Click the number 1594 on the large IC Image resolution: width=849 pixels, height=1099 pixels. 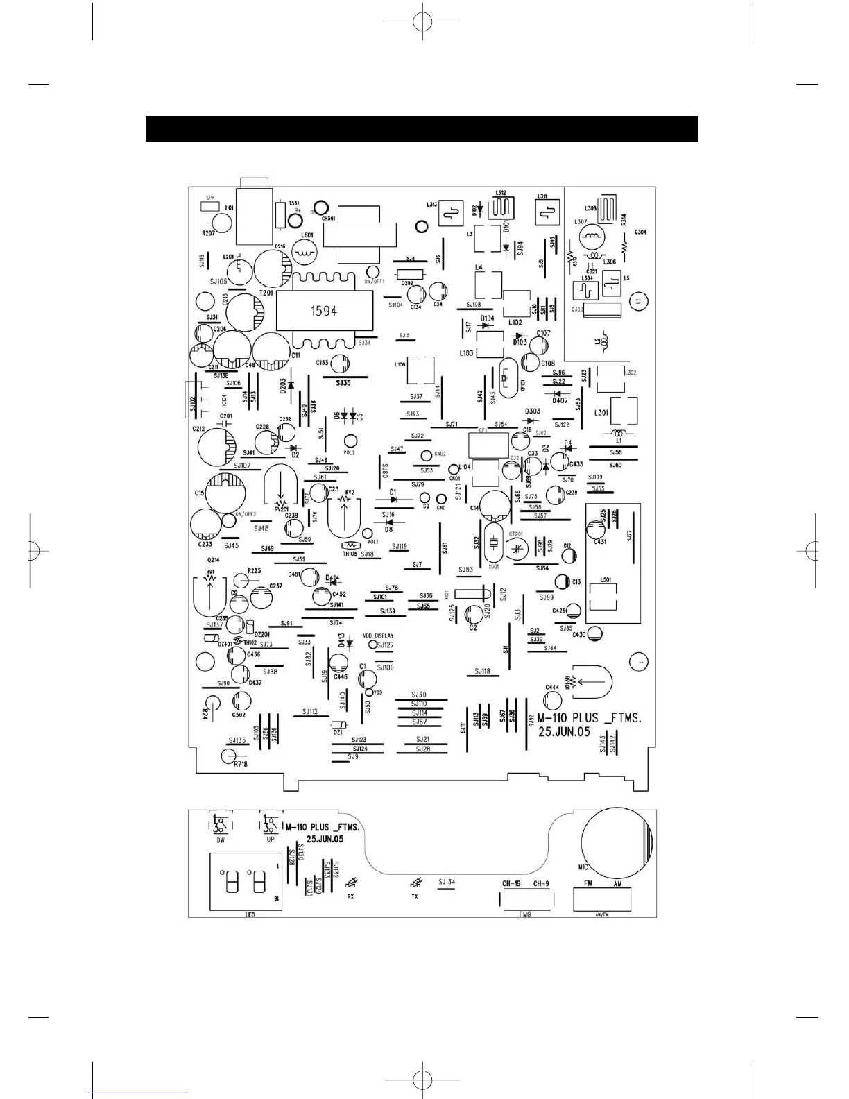[324, 311]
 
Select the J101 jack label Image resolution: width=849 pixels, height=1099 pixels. [229, 207]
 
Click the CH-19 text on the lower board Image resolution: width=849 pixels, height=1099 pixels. [511, 883]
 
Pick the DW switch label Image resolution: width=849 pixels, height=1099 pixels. [221, 840]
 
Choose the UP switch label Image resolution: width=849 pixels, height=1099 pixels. [271, 840]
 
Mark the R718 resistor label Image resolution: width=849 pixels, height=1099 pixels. [241, 764]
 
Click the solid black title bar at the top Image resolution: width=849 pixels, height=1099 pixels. [422, 129]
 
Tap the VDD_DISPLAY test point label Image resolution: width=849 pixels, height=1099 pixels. [378, 636]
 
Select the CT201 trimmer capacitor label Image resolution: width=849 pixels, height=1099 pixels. [515, 534]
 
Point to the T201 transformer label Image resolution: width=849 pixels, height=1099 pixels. [266, 293]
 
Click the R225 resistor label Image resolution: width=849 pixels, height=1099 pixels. [254, 570]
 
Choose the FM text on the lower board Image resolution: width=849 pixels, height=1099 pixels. [588, 883]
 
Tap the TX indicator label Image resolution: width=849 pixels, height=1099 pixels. [415, 896]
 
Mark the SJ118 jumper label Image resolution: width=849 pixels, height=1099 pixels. [483, 671]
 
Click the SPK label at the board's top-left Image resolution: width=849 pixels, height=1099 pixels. [211, 198]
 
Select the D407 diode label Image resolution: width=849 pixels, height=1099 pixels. [560, 400]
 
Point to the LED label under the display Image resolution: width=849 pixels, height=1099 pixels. [250, 914]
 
